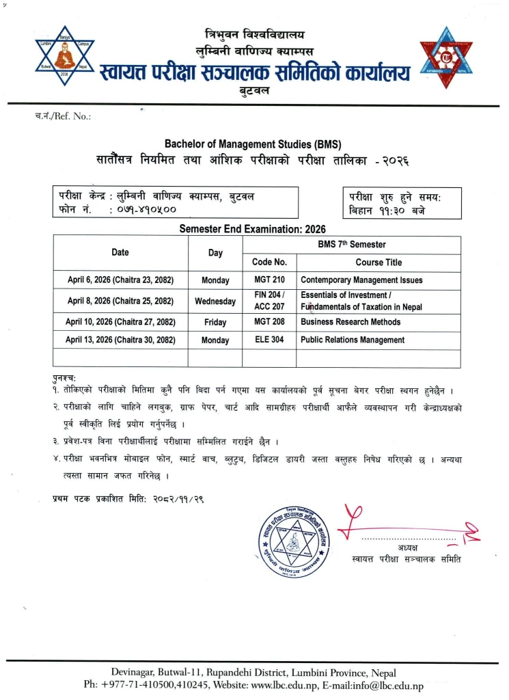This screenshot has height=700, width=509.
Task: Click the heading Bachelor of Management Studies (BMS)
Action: (252, 144)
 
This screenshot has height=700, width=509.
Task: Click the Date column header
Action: (120, 252)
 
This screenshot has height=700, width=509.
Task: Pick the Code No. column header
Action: (269, 262)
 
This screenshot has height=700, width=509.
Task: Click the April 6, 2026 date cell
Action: (121, 280)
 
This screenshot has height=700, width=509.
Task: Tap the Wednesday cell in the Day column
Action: (215, 301)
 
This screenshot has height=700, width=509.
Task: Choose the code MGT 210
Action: (269, 280)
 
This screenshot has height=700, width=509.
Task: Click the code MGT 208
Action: (269, 321)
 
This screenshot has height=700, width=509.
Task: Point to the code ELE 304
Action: (269, 340)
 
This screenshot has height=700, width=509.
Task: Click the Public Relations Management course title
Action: (353, 340)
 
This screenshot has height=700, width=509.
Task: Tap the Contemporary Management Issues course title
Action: (361, 280)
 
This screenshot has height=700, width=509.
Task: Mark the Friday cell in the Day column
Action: (215, 321)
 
